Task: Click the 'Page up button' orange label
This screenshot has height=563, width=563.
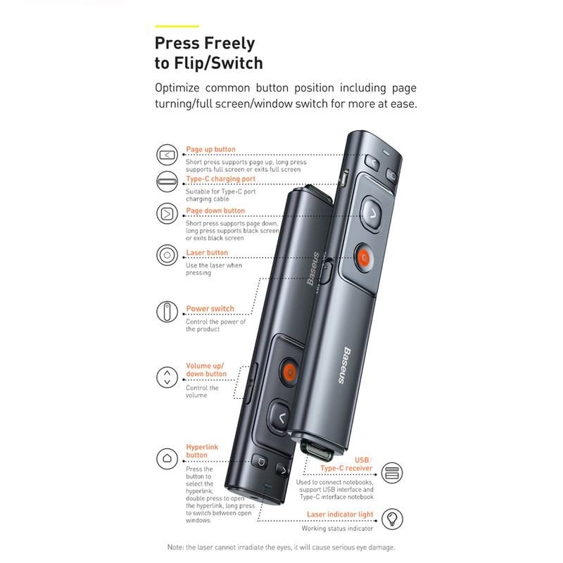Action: [210, 149]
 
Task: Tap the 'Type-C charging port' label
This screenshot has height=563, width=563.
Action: [220, 179]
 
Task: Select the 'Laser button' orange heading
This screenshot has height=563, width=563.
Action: [207, 253]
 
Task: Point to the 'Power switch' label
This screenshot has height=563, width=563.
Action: [210, 309]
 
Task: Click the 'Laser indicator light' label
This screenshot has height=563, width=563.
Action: [340, 514]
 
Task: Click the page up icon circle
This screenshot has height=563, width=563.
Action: [167, 155]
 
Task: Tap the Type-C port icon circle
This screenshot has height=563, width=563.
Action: [167, 182]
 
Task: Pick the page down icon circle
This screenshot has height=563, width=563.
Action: [167, 214]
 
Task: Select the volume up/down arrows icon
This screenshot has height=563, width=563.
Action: [167, 377]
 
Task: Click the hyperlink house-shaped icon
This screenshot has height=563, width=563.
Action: [167, 459]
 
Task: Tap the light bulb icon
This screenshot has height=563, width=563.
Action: [392, 519]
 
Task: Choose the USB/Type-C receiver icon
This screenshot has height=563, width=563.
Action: [392, 472]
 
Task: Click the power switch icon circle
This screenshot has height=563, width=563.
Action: [167, 311]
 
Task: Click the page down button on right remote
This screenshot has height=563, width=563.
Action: [372, 214]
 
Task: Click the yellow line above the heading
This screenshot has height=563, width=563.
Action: [177, 26]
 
